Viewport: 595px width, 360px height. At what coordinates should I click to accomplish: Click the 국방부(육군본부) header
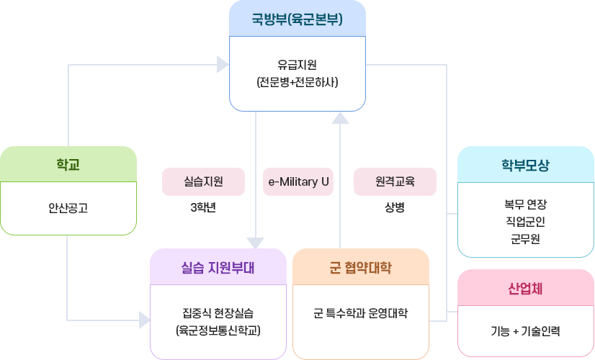click(297, 19)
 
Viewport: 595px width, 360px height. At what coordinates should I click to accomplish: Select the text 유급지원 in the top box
click(297, 63)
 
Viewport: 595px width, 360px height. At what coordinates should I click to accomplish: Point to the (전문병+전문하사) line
click(297, 82)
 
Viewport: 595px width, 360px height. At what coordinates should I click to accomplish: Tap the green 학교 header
click(68, 165)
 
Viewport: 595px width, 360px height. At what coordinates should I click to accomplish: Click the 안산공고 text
click(68, 208)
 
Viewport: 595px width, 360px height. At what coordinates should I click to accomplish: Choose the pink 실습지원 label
click(203, 181)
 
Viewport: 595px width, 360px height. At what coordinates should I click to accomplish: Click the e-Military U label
click(298, 181)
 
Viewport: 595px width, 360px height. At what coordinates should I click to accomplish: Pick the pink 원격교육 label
click(395, 181)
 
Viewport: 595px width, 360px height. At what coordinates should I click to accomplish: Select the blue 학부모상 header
click(525, 165)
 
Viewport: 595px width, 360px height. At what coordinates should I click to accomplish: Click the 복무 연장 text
click(525, 204)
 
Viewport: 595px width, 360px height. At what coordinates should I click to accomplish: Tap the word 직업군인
click(525, 221)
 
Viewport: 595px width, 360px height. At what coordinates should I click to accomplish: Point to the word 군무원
click(525, 238)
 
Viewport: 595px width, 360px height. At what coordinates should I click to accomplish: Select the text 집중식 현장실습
click(218, 313)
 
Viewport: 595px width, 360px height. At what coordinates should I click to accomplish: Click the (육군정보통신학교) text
click(218, 331)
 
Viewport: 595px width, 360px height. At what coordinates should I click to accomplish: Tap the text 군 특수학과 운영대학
click(360, 313)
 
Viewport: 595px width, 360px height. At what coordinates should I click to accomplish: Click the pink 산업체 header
click(525, 289)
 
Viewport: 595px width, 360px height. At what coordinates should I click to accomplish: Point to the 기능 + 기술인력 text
click(525, 331)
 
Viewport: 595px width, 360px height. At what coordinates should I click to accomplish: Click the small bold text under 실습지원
click(203, 207)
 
